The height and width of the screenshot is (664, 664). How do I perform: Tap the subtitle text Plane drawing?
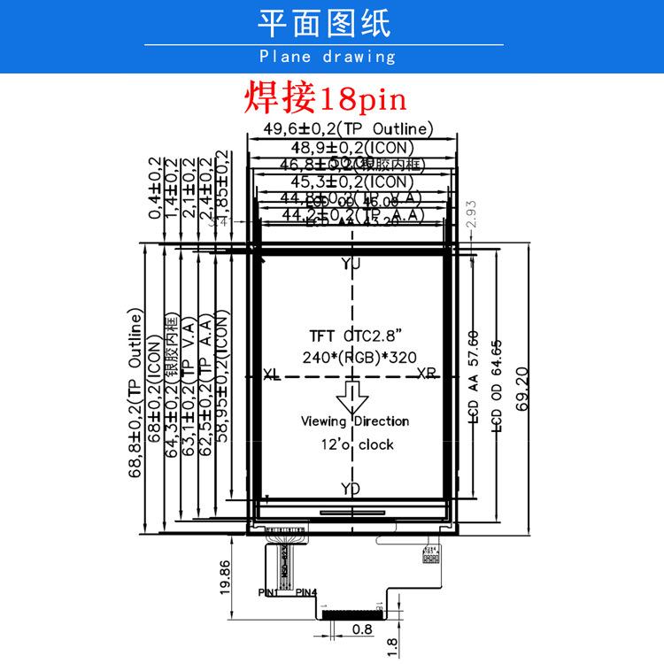(x=328, y=57)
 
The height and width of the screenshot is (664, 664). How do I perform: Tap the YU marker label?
(x=351, y=264)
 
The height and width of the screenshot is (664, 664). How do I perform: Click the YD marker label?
(x=351, y=488)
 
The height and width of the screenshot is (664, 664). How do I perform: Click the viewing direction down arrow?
(x=352, y=397)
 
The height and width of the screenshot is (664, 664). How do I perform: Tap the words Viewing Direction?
(x=354, y=421)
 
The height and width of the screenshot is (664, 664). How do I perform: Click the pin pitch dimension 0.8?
(x=361, y=631)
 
